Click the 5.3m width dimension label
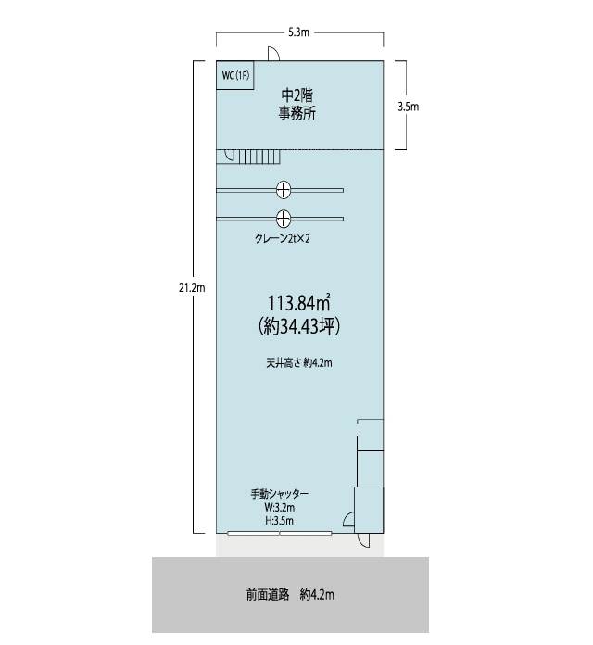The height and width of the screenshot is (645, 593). click(298, 32)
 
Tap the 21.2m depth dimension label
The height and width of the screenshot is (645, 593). click(192, 288)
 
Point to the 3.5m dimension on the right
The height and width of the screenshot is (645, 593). click(409, 107)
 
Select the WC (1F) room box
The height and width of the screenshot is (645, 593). click(234, 75)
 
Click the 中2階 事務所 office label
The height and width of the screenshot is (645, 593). click(297, 104)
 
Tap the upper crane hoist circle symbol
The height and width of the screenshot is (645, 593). click(284, 190)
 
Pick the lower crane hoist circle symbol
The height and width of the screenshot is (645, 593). click(284, 219)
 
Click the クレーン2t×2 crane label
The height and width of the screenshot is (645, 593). click(282, 238)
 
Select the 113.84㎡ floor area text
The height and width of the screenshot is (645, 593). click(300, 303)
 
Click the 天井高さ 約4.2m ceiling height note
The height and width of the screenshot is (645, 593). click(299, 363)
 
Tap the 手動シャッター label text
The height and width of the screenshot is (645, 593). click(280, 494)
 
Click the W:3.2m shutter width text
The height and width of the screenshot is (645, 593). click(280, 507)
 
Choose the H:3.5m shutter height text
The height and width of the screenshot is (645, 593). click(280, 521)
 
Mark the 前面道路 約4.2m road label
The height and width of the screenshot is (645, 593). click(290, 594)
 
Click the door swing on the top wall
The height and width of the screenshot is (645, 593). click(274, 54)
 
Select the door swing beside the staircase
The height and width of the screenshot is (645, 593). click(229, 155)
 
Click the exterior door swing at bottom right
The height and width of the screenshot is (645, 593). click(363, 540)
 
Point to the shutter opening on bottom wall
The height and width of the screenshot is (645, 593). click(280, 533)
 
